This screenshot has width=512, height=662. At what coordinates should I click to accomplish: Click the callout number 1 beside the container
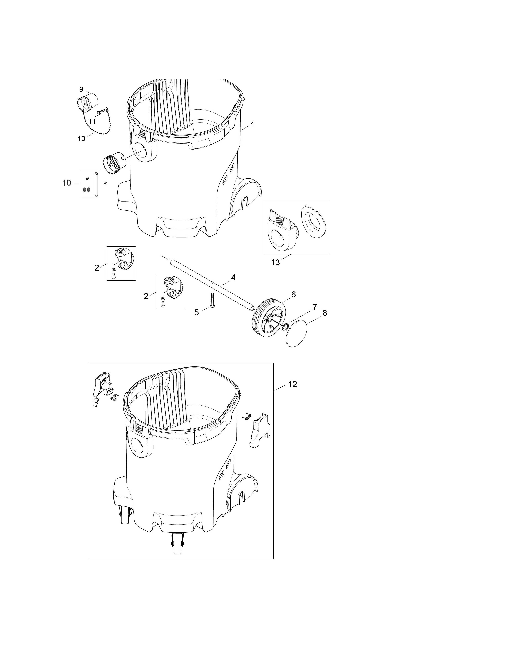252,125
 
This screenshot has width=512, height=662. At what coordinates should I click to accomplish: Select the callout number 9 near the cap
81,89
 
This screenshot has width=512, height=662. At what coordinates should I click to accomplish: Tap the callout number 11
92,121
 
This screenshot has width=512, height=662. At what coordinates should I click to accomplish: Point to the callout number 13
275,262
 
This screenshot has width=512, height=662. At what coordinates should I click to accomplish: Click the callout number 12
292,384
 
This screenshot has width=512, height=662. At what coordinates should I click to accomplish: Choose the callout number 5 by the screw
197,312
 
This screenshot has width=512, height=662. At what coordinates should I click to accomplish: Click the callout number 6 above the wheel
293,294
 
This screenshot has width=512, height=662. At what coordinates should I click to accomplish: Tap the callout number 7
315,307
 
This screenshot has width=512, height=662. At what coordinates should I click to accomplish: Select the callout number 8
325,313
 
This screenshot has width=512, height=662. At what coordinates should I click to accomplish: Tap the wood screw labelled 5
212,300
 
